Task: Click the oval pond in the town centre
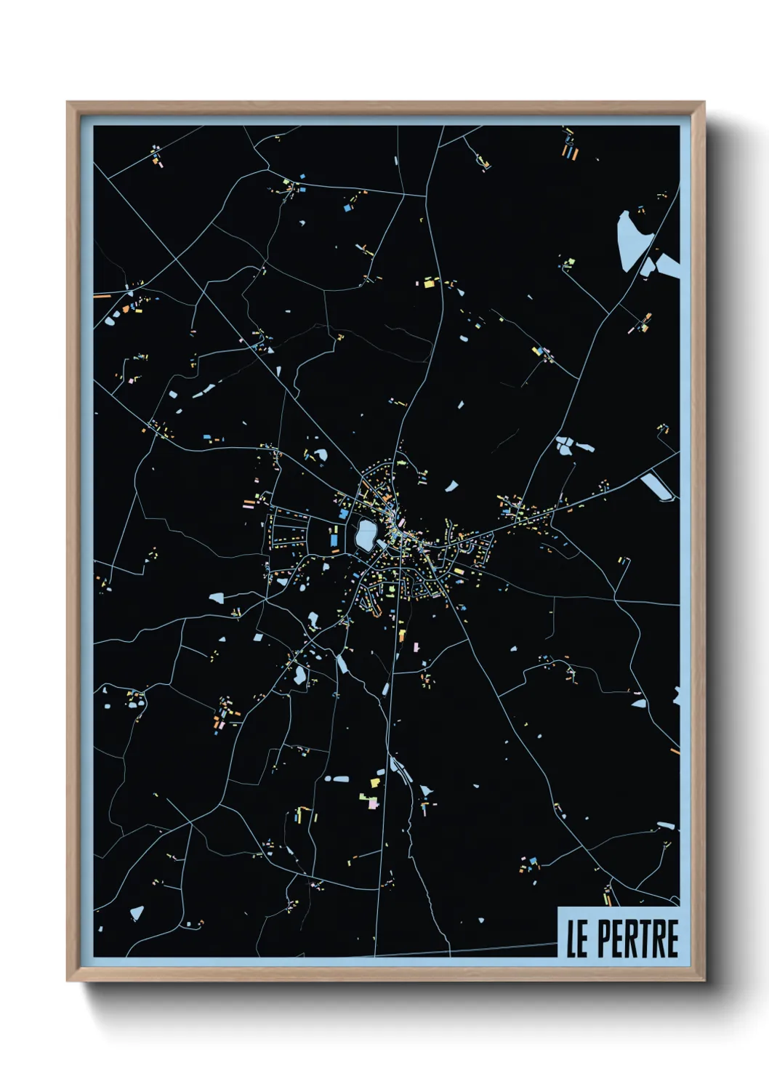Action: tap(365, 535)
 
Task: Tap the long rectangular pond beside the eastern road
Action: tap(659, 485)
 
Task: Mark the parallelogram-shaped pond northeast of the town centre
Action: tap(451, 486)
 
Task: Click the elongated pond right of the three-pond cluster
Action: tap(584, 445)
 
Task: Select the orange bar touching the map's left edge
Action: tap(102, 296)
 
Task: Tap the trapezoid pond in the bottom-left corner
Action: tap(136, 912)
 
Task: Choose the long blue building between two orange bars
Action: tap(569, 153)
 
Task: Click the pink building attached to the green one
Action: tap(373, 803)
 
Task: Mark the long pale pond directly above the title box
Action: tap(665, 826)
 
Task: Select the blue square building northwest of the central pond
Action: tap(343, 514)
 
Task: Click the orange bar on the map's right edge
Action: tap(675, 750)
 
